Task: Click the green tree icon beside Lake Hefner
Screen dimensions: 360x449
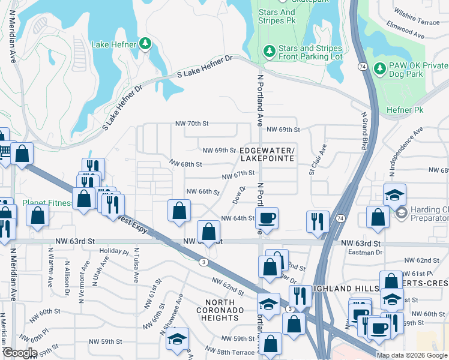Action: pyautogui.click(x=145, y=44)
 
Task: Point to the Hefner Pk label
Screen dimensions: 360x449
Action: pyautogui.click(x=405, y=110)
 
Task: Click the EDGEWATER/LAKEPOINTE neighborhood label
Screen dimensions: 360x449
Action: pyautogui.click(x=267, y=154)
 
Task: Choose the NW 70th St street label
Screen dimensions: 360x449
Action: pyautogui.click(x=191, y=124)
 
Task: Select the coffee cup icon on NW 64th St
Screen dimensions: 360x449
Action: pyautogui.click(x=268, y=217)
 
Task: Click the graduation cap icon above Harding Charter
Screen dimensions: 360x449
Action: pyautogui.click(x=395, y=194)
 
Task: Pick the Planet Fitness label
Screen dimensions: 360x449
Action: pyautogui.click(x=47, y=203)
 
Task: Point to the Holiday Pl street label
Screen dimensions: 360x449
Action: pyautogui.click(x=114, y=251)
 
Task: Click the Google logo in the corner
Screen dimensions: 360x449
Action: pyautogui.click(x=20, y=353)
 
